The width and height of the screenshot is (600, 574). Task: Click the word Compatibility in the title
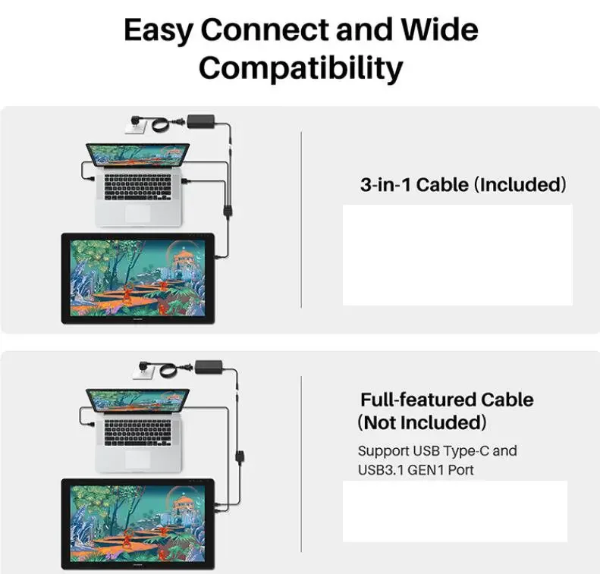coord(301,67)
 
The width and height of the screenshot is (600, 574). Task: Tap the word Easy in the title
coord(159,30)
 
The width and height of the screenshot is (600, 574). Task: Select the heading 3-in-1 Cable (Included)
coord(463,185)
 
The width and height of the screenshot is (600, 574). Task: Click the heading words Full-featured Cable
coord(447,400)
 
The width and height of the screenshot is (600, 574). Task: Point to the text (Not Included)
coord(422,422)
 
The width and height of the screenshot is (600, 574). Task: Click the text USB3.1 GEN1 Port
coord(416,469)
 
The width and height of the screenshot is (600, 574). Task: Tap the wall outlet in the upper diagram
coord(136,125)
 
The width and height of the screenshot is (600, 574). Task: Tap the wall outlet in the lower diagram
coord(143,370)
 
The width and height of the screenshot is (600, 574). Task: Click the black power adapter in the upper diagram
coord(201,121)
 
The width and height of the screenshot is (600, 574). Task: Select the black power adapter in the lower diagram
coord(209,367)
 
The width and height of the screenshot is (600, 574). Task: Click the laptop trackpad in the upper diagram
coord(137,212)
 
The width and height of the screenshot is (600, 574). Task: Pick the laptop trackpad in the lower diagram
coord(137,459)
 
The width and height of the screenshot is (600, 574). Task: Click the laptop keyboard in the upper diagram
coord(138,187)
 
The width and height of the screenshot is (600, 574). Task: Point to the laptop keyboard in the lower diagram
coord(138,432)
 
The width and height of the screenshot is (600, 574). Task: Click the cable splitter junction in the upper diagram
coord(228,211)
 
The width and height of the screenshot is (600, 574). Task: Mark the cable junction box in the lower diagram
coord(240,457)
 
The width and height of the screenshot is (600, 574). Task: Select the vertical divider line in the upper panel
coord(301,219)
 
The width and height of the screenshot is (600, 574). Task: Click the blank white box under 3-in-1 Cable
coord(457,255)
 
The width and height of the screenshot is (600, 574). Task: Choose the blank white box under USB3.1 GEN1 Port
coord(455,511)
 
